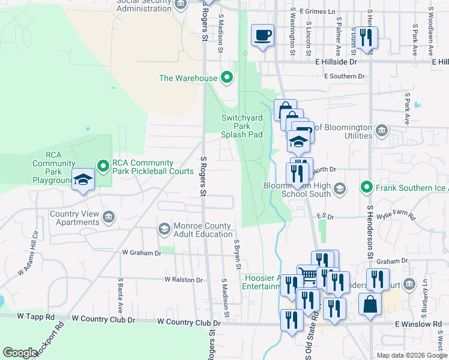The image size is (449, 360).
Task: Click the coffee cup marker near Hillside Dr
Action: pos(262,35)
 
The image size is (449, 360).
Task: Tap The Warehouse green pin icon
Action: pos(227,77)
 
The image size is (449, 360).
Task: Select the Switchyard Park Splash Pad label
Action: pos(242,126)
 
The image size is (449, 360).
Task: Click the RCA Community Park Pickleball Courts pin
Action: pos(103,165)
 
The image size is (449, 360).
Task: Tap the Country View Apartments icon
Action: pos(109,217)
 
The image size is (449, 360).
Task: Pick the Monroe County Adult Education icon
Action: pos(164,229)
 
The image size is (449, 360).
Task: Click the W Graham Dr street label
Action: pos(142,253)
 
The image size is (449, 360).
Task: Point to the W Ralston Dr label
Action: pos(184,280)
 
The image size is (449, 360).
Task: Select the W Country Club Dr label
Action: pos(189,322)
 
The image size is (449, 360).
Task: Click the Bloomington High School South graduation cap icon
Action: pos(340,190)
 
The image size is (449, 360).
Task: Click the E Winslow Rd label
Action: pos(418,324)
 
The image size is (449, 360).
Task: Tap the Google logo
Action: pos(20,352)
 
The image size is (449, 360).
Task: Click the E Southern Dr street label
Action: pos(344,76)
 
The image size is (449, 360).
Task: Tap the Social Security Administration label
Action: pos(143,6)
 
